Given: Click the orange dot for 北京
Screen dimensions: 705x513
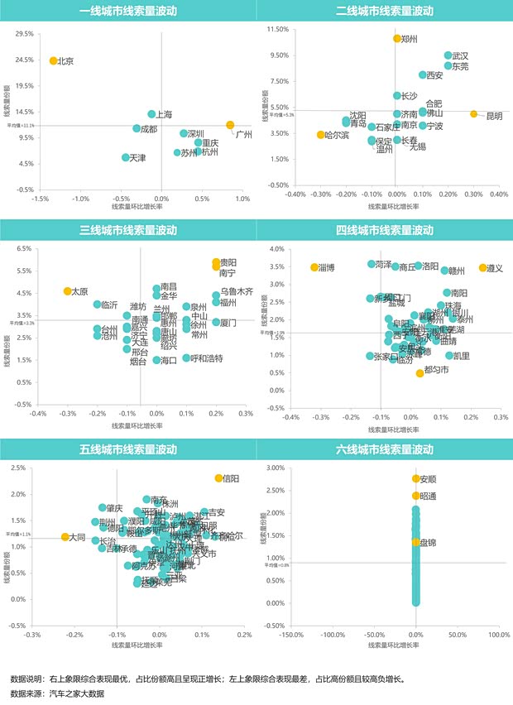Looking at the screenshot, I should tap(53, 60).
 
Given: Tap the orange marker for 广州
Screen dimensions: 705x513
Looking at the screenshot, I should tap(231, 125).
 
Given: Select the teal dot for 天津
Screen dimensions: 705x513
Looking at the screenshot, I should tap(126, 157).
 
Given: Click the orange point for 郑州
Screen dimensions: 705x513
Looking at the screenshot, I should tap(397, 39).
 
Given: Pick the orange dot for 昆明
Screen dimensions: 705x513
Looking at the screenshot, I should tap(473, 114).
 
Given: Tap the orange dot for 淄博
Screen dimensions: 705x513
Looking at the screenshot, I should tap(314, 267).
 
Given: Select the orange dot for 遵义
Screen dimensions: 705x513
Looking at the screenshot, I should tap(482, 268).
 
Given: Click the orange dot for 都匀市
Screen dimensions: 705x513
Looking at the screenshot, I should tap(420, 373).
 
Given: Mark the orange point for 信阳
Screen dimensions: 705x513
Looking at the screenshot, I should tap(218, 478).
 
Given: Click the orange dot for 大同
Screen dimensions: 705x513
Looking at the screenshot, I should tap(65, 537).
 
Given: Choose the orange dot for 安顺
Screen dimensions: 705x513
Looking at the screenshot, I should tap(415, 479).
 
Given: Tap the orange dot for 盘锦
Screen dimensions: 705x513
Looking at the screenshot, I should tap(415, 542).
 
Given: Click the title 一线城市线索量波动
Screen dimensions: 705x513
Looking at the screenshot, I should tap(127, 12).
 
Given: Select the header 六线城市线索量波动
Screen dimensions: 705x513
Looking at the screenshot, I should tap(384, 449).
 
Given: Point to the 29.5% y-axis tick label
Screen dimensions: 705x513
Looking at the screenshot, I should tap(23, 34).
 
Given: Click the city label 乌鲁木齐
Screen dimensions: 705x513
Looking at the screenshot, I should tap(236, 291).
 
